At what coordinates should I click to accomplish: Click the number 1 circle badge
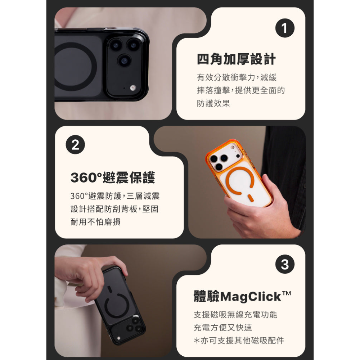click(285, 29)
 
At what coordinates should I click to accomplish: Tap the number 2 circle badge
click(75, 145)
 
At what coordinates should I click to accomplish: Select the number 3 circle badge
click(285, 265)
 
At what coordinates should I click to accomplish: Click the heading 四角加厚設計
click(236, 59)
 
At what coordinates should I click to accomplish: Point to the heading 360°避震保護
click(112, 178)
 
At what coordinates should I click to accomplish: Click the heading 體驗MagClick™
click(242, 297)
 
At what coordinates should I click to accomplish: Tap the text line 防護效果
click(213, 103)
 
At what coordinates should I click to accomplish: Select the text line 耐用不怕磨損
click(95, 222)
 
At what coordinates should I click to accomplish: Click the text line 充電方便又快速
click(222, 328)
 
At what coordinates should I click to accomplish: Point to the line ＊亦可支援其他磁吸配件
click(239, 340)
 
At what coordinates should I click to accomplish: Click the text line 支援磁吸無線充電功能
click(235, 315)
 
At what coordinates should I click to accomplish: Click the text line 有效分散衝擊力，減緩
click(237, 77)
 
